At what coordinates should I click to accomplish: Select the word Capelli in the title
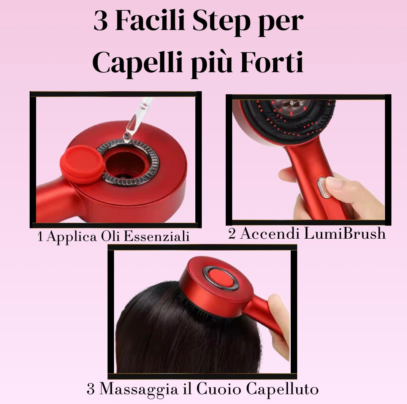[x=137, y=63]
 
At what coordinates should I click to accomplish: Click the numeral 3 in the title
[x=100, y=21]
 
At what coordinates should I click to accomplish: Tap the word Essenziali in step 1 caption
[x=156, y=236]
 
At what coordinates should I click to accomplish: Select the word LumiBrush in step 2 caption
[x=345, y=233]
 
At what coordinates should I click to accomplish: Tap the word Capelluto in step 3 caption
[x=282, y=389]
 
